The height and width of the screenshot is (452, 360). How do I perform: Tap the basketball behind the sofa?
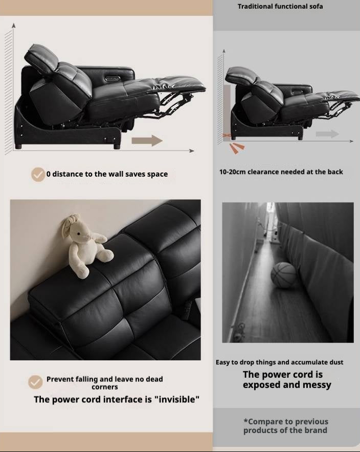[x=283, y=275]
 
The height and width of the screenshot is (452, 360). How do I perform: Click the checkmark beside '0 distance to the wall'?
[x=38, y=174]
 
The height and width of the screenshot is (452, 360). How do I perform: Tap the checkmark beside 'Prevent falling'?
[x=35, y=382]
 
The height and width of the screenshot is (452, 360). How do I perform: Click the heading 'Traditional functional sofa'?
[x=280, y=7]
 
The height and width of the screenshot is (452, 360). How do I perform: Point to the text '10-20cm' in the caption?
[x=233, y=172]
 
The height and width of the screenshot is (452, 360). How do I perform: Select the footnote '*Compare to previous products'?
[x=286, y=426]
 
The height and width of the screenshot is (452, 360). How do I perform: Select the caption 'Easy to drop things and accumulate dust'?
[x=279, y=362]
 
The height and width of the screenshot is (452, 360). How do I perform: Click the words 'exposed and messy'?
[x=287, y=385]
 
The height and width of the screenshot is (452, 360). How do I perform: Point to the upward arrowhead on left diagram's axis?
[x=14, y=25]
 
